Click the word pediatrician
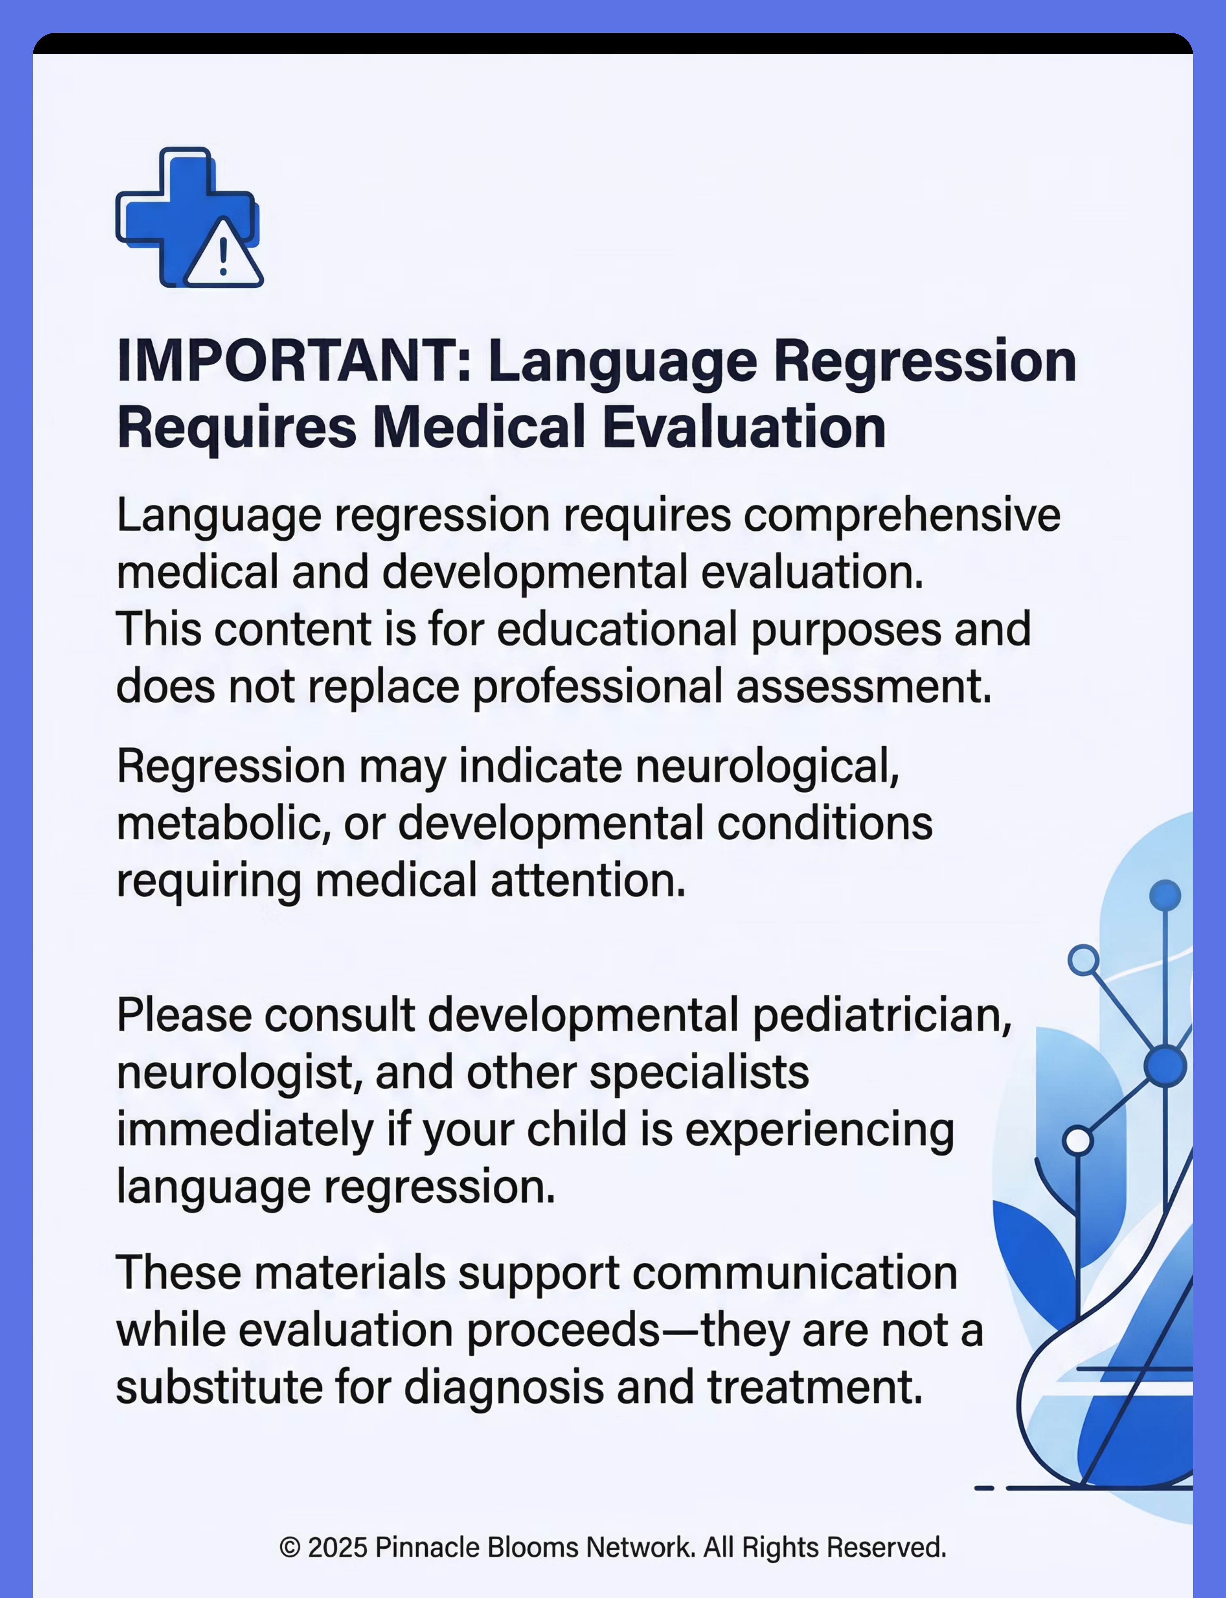click(x=882, y=1016)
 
